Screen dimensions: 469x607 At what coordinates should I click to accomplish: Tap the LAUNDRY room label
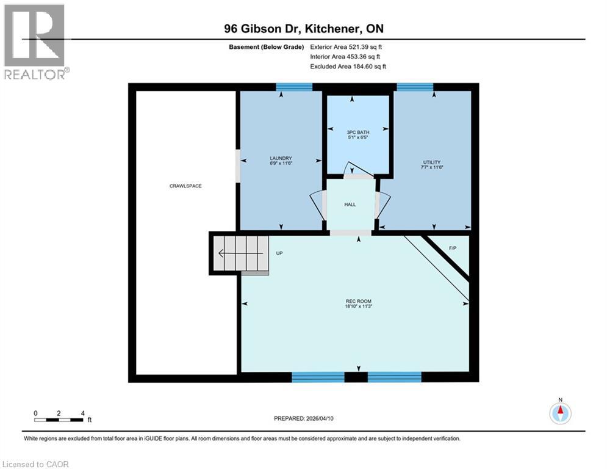tap(281, 161)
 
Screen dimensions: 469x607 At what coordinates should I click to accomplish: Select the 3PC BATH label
tap(358, 133)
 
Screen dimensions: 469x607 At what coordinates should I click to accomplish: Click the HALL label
tap(350, 205)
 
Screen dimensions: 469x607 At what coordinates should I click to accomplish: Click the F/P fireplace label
tap(453, 248)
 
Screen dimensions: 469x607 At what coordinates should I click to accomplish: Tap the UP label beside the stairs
tap(279, 253)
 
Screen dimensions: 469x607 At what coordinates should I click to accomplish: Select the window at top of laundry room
tap(294, 87)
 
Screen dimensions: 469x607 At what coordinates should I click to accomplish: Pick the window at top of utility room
tap(415, 87)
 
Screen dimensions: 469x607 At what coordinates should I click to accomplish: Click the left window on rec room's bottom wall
tap(318, 377)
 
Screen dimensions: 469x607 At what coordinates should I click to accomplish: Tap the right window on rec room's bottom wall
tap(395, 377)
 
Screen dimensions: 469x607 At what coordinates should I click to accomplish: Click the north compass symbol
tap(559, 413)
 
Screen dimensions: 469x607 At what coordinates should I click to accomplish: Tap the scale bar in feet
tap(59, 420)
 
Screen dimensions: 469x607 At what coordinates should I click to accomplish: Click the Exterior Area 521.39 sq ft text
tap(346, 46)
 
